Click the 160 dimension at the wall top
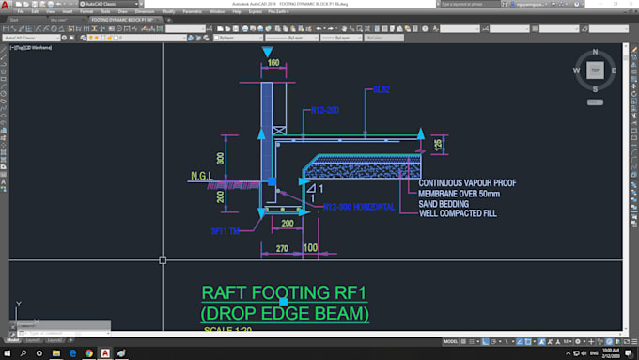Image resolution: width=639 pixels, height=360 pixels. pos(273,63)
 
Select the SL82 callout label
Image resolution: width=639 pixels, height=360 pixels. pos(381,89)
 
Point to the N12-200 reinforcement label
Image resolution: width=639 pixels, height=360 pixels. pos(324,111)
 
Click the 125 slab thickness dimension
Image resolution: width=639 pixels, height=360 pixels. pos(437,143)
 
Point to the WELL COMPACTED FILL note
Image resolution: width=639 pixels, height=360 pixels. pos(458,213)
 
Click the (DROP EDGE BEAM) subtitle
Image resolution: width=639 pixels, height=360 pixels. pos(285,313)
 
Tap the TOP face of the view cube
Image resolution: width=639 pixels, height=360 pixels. pos(594,70)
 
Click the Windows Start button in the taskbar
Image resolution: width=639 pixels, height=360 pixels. pos(8,352)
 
